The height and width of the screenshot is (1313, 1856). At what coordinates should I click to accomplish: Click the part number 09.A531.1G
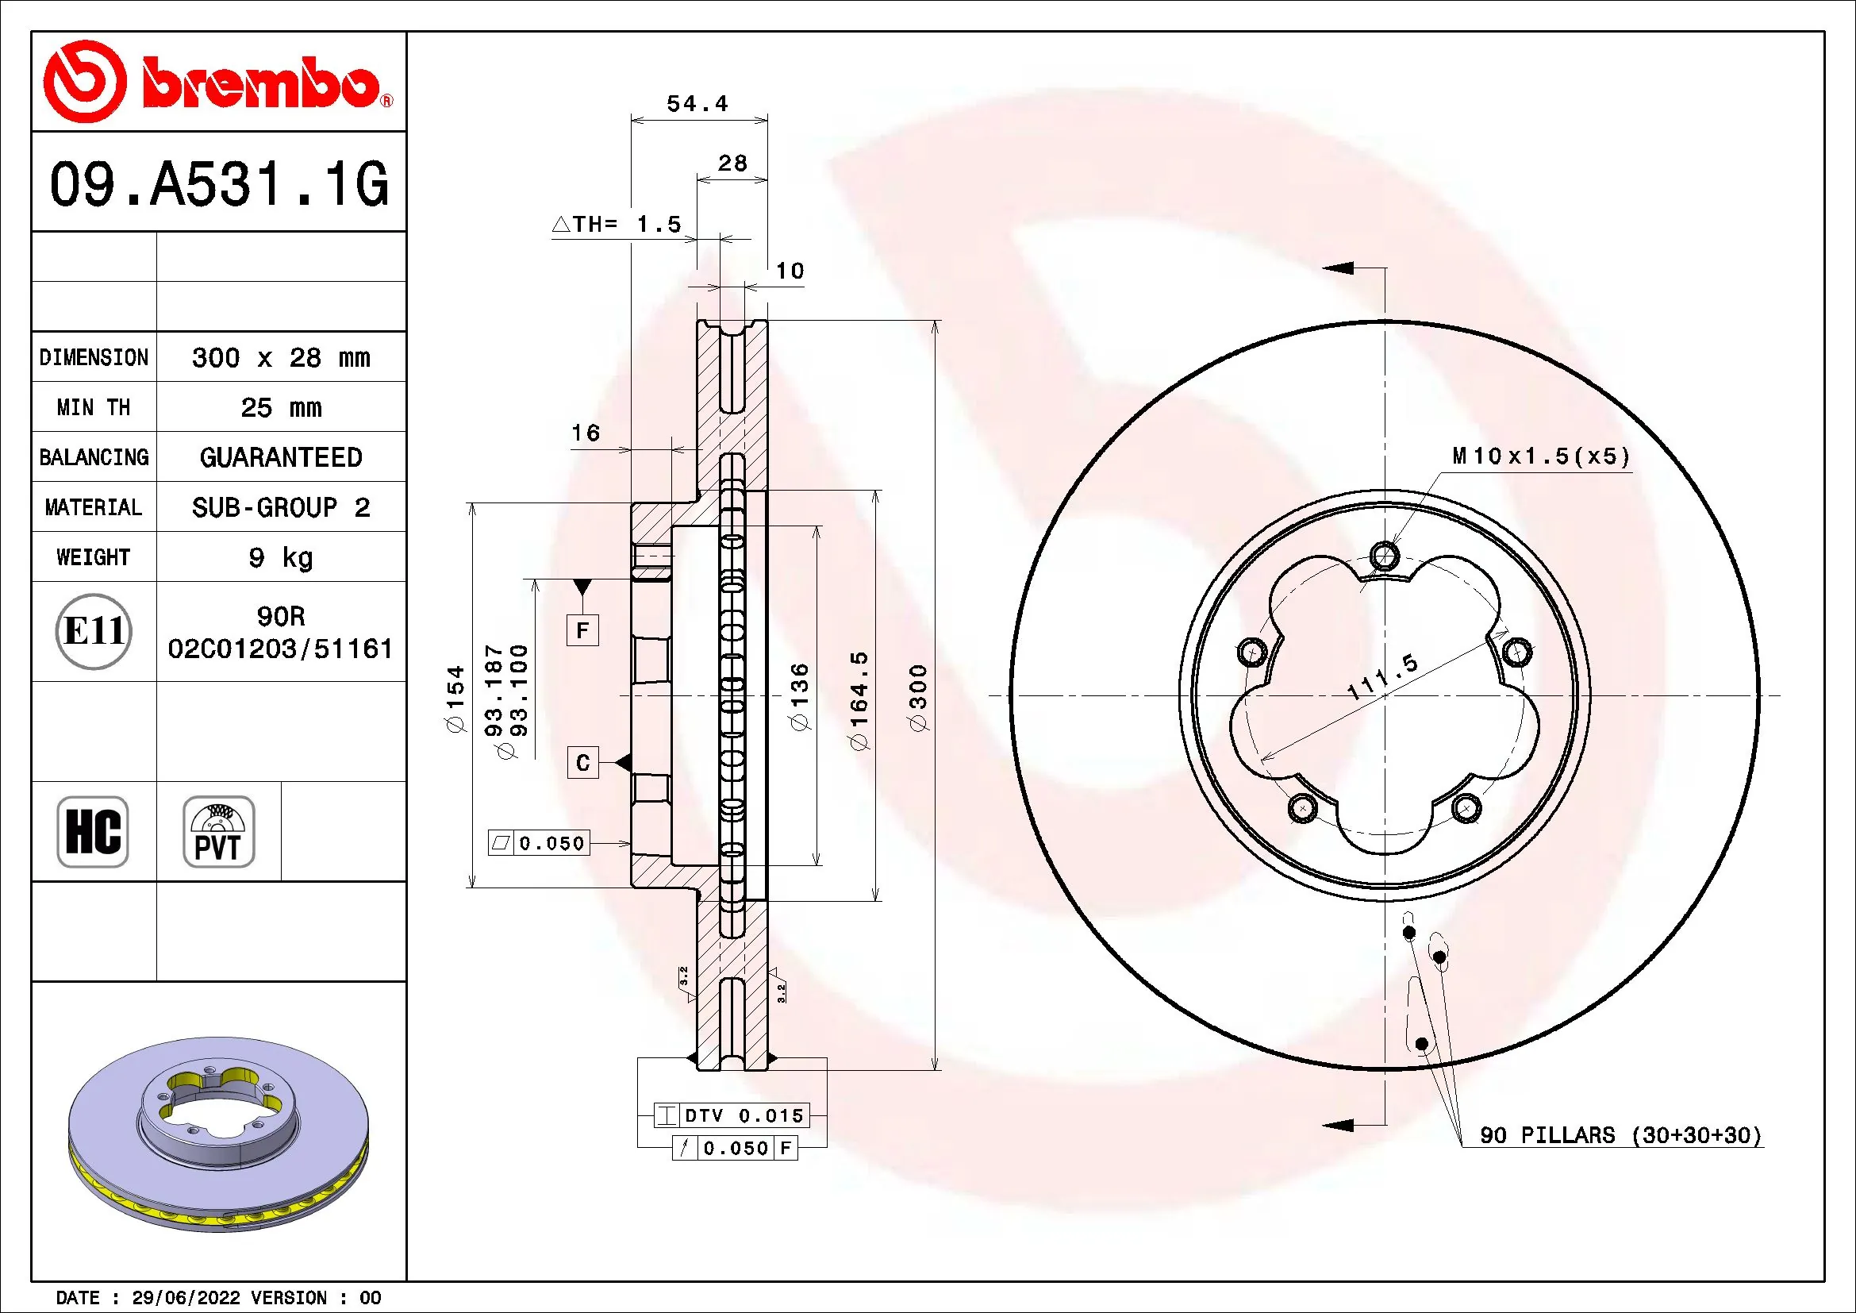218,184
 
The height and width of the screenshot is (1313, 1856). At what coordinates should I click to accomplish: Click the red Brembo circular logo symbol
85,82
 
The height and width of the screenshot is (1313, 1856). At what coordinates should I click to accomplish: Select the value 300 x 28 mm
280,357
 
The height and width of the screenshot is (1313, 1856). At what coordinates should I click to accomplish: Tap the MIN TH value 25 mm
280,407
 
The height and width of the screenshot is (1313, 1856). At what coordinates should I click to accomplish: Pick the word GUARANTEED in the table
280,457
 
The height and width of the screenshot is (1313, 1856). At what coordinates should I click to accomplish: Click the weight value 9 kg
280,557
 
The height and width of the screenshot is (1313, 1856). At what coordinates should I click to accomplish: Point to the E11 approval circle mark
94,631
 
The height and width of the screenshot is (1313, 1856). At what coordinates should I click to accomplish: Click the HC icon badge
93,831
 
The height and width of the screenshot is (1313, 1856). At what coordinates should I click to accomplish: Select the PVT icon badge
218,831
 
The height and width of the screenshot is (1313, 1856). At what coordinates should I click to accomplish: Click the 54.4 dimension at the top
697,103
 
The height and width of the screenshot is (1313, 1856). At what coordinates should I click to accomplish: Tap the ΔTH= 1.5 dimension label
617,224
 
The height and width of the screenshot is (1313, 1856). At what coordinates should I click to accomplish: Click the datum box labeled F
582,630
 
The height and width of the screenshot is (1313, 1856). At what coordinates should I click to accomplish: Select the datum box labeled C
582,763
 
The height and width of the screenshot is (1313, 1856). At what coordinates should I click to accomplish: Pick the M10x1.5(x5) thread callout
1540,456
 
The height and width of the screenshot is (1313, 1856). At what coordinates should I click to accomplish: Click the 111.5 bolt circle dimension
1383,676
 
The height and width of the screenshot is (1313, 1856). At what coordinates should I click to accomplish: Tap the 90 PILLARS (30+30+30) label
1620,1135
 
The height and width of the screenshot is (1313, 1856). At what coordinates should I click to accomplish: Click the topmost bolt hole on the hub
1385,556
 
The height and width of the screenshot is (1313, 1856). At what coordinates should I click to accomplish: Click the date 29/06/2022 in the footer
186,1298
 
